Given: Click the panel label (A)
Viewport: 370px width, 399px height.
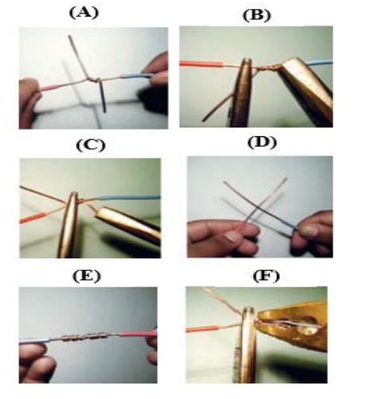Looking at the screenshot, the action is point(83,13).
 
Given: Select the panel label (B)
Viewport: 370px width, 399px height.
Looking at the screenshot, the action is point(257,16).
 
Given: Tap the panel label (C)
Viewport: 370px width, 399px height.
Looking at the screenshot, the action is point(91,145).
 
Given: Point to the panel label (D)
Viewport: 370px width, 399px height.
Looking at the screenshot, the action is point(262,142).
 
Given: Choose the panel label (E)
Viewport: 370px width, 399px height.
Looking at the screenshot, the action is point(86,275).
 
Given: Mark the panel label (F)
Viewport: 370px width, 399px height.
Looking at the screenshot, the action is point(267,275).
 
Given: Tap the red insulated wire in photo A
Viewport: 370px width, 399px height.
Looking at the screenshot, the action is point(48,88).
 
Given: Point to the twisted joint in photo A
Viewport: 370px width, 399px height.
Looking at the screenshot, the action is point(96,80).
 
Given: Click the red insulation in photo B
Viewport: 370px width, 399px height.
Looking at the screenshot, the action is point(201,63).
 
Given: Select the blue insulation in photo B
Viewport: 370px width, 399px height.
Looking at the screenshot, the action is point(319,63).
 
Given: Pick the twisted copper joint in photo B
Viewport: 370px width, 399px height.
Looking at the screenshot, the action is point(267,68).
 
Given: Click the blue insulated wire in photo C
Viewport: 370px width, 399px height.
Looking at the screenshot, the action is point(130,197).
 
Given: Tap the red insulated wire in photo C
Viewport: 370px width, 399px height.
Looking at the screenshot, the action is point(32,218).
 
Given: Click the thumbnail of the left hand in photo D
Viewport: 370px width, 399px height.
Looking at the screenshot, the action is point(232,237).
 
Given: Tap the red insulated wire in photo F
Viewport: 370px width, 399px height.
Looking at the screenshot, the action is point(202,330).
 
